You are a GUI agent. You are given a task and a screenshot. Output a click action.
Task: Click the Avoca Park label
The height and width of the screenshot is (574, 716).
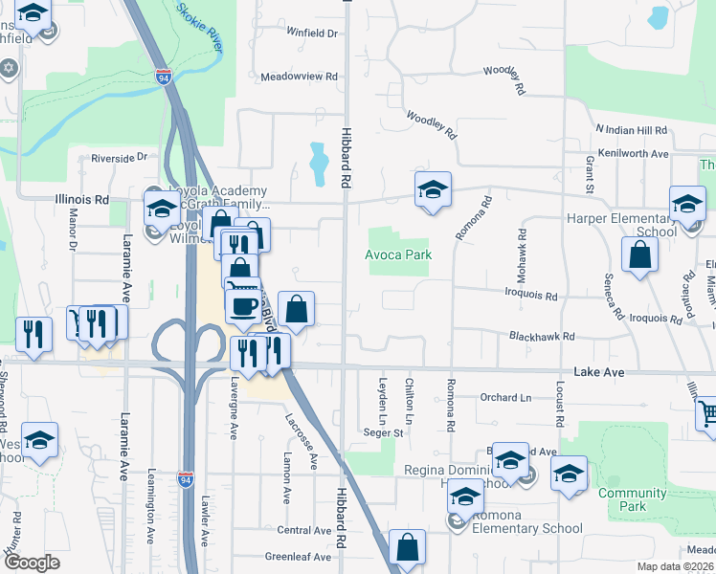point(398,255)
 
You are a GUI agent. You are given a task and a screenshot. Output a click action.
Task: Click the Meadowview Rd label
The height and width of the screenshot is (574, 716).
point(300,76)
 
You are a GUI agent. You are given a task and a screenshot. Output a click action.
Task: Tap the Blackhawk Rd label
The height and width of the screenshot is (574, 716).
point(542,337)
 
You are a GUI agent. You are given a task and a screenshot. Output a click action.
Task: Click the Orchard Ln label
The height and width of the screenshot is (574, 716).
point(505,397)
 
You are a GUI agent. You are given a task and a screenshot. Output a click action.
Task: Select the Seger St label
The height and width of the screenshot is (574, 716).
point(383,432)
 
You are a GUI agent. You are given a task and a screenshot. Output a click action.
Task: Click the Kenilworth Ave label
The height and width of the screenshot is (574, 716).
point(632,153)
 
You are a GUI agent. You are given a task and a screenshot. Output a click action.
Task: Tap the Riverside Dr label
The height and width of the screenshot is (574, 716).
point(120,157)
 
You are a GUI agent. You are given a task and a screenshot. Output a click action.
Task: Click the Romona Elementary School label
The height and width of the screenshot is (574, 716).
point(519,528)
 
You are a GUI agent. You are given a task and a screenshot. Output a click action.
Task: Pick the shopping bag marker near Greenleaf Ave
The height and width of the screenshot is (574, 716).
point(407,548)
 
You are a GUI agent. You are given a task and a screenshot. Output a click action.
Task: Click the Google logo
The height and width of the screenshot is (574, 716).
point(32,563)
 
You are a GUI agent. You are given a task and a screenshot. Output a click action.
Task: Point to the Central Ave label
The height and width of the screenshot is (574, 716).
point(303,530)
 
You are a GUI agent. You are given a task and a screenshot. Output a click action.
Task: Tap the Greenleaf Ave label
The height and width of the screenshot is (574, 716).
point(298,556)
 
